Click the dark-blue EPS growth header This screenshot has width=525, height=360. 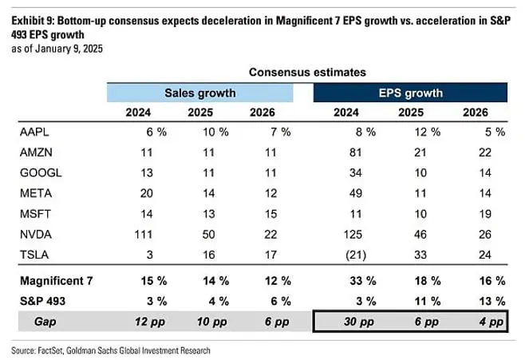click(x=410, y=93)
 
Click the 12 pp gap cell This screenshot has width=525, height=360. click(x=144, y=322)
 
